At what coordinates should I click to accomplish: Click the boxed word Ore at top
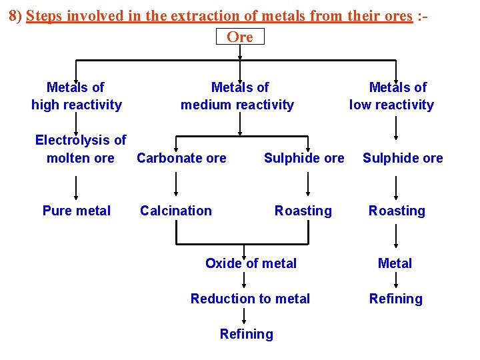click(240, 37)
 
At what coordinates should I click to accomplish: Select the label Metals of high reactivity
click(76, 96)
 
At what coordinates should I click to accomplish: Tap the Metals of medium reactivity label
click(238, 96)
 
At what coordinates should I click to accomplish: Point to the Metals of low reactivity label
click(393, 96)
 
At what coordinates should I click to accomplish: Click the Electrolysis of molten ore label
click(80, 149)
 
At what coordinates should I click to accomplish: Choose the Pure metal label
click(76, 211)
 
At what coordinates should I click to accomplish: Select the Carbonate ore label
click(181, 158)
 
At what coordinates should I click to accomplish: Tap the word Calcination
click(175, 211)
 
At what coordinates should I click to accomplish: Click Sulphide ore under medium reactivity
click(304, 158)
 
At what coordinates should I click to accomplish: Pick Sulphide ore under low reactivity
click(403, 158)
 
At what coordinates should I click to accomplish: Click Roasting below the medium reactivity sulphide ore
click(303, 211)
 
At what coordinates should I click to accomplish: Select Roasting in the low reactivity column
click(397, 211)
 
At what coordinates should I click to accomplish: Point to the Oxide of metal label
click(251, 264)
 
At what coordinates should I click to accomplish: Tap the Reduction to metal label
click(250, 299)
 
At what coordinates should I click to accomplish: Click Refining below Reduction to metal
click(246, 334)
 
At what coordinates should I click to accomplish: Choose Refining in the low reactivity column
click(396, 299)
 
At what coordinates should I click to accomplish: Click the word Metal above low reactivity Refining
click(395, 264)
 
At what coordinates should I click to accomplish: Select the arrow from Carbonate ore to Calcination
click(176, 184)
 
